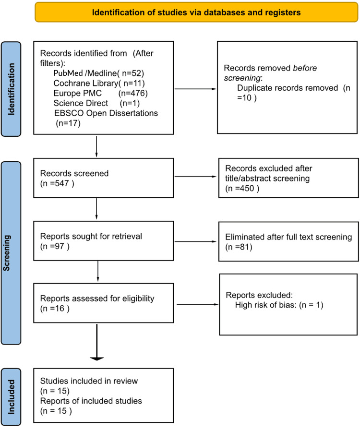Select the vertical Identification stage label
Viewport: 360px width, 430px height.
click(17, 89)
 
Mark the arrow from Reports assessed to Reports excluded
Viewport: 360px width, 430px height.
click(197, 304)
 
